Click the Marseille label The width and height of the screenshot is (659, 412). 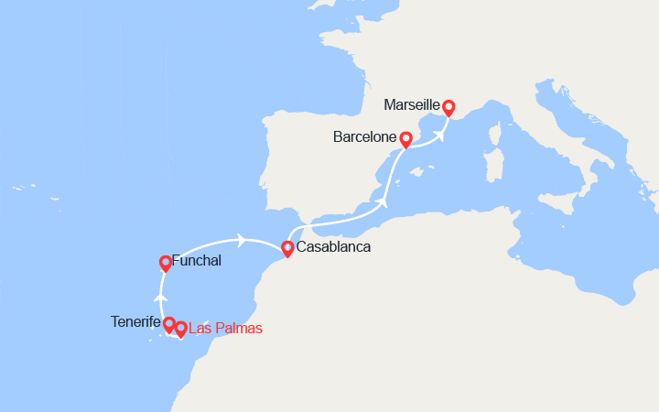pyautogui.click(x=412, y=105)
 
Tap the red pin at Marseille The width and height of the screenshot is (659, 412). pyautogui.click(x=448, y=107)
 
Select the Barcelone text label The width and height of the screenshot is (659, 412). pyautogui.click(x=364, y=139)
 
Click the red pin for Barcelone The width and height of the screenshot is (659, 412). pyautogui.click(x=405, y=139)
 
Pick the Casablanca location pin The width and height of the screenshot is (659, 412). pyautogui.click(x=288, y=248)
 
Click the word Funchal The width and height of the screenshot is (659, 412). pyautogui.click(x=196, y=261)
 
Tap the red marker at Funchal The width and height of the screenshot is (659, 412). pyautogui.click(x=165, y=263)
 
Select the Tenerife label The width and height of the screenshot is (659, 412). pyautogui.click(x=135, y=321)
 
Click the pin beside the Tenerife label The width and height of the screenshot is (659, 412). pyautogui.click(x=169, y=323)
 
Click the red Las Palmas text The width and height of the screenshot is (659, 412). pyautogui.click(x=224, y=328)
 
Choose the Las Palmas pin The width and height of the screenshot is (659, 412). pyautogui.click(x=181, y=328)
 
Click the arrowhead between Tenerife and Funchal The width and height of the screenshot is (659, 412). pyautogui.click(x=160, y=297)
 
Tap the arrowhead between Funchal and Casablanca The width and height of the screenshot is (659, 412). pyautogui.click(x=242, y=240)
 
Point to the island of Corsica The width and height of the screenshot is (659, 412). pyautogui.click(x=499, y=135)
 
